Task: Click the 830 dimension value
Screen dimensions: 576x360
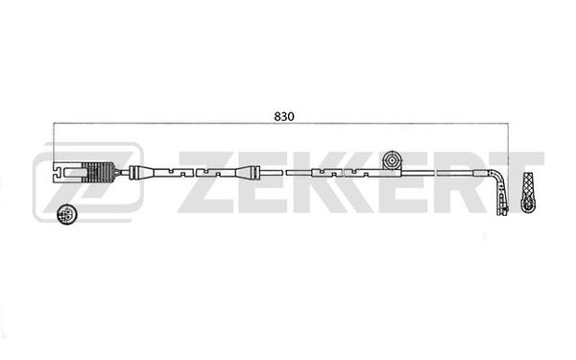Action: tap(284, 116)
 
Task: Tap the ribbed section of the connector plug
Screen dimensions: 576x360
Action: tap(99, 172)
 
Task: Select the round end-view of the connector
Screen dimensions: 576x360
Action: tap(67, 214)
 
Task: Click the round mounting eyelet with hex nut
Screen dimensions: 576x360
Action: tap(392, 160)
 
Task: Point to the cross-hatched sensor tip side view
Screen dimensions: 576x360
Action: tap(529, 192)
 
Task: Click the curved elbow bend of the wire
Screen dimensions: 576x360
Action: tap(498, 178)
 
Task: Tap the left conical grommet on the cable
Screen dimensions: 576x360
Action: tap(142, 172)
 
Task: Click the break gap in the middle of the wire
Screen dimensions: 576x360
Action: tap(282, 172)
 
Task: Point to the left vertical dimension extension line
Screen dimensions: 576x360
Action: tap(54, 142)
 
